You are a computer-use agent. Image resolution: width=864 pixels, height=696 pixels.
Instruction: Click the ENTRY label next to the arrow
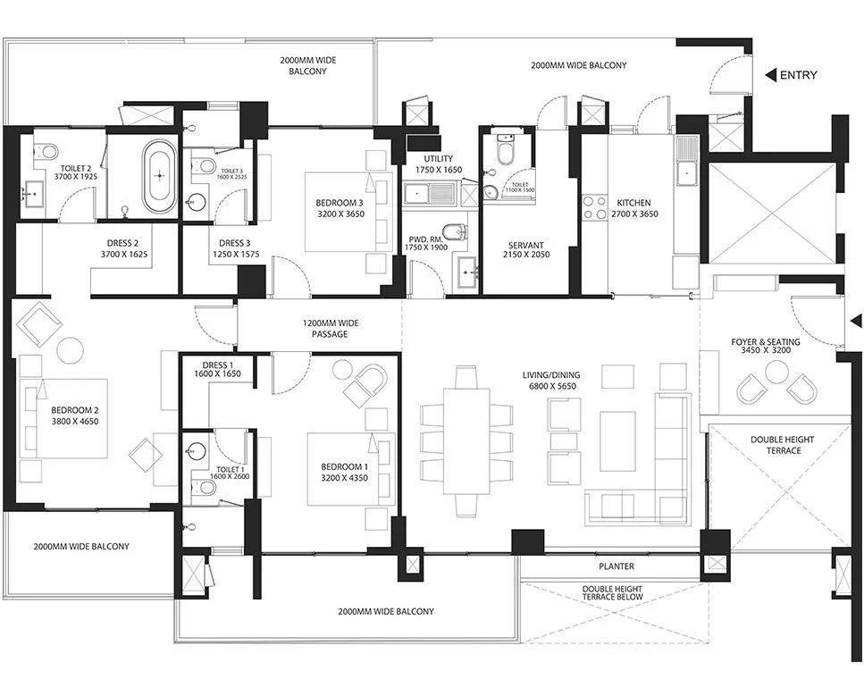click(798, 76)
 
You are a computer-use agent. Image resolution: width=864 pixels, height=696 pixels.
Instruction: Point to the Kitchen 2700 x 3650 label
click(633, 208)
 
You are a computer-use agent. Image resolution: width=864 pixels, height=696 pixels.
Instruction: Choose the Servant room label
click(526, 249)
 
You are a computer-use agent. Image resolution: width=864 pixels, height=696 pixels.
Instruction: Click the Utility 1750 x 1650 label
click(439, 164)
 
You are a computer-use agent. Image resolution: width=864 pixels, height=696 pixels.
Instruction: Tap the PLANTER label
click(617, 566)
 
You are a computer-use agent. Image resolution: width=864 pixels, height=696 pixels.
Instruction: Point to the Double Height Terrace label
click(776, 445)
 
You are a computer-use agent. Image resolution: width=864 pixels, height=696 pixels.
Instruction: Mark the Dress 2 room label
click(125, 248)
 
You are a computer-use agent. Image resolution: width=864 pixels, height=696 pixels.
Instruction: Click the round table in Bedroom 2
click(70, 349)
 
